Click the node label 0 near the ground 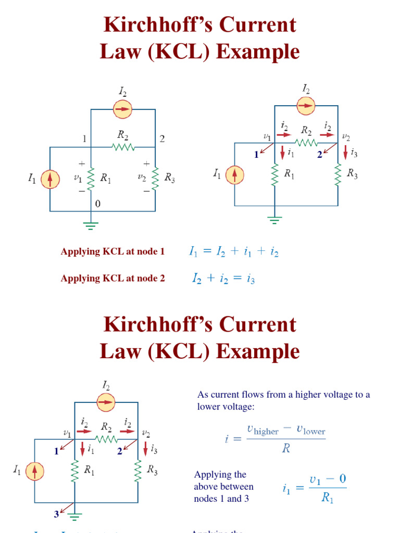tap(97, 204)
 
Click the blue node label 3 tap(56, 514)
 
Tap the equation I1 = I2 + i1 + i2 tap(233, 252)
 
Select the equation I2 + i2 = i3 tap(223, 279)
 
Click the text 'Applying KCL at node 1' tap(113, 252)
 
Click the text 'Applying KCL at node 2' tap(113, 278)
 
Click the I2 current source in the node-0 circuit tap(123, 109)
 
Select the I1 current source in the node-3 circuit tap(35, 471)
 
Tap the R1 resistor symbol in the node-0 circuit tap(91, 179)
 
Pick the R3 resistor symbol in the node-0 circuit tap(155, 179)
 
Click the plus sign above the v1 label tap(82, 163)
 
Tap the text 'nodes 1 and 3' tap(219, 499)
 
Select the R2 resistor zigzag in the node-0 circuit tap(123, 147)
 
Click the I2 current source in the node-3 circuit tap(106, 402)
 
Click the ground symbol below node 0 tap(91, 225)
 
